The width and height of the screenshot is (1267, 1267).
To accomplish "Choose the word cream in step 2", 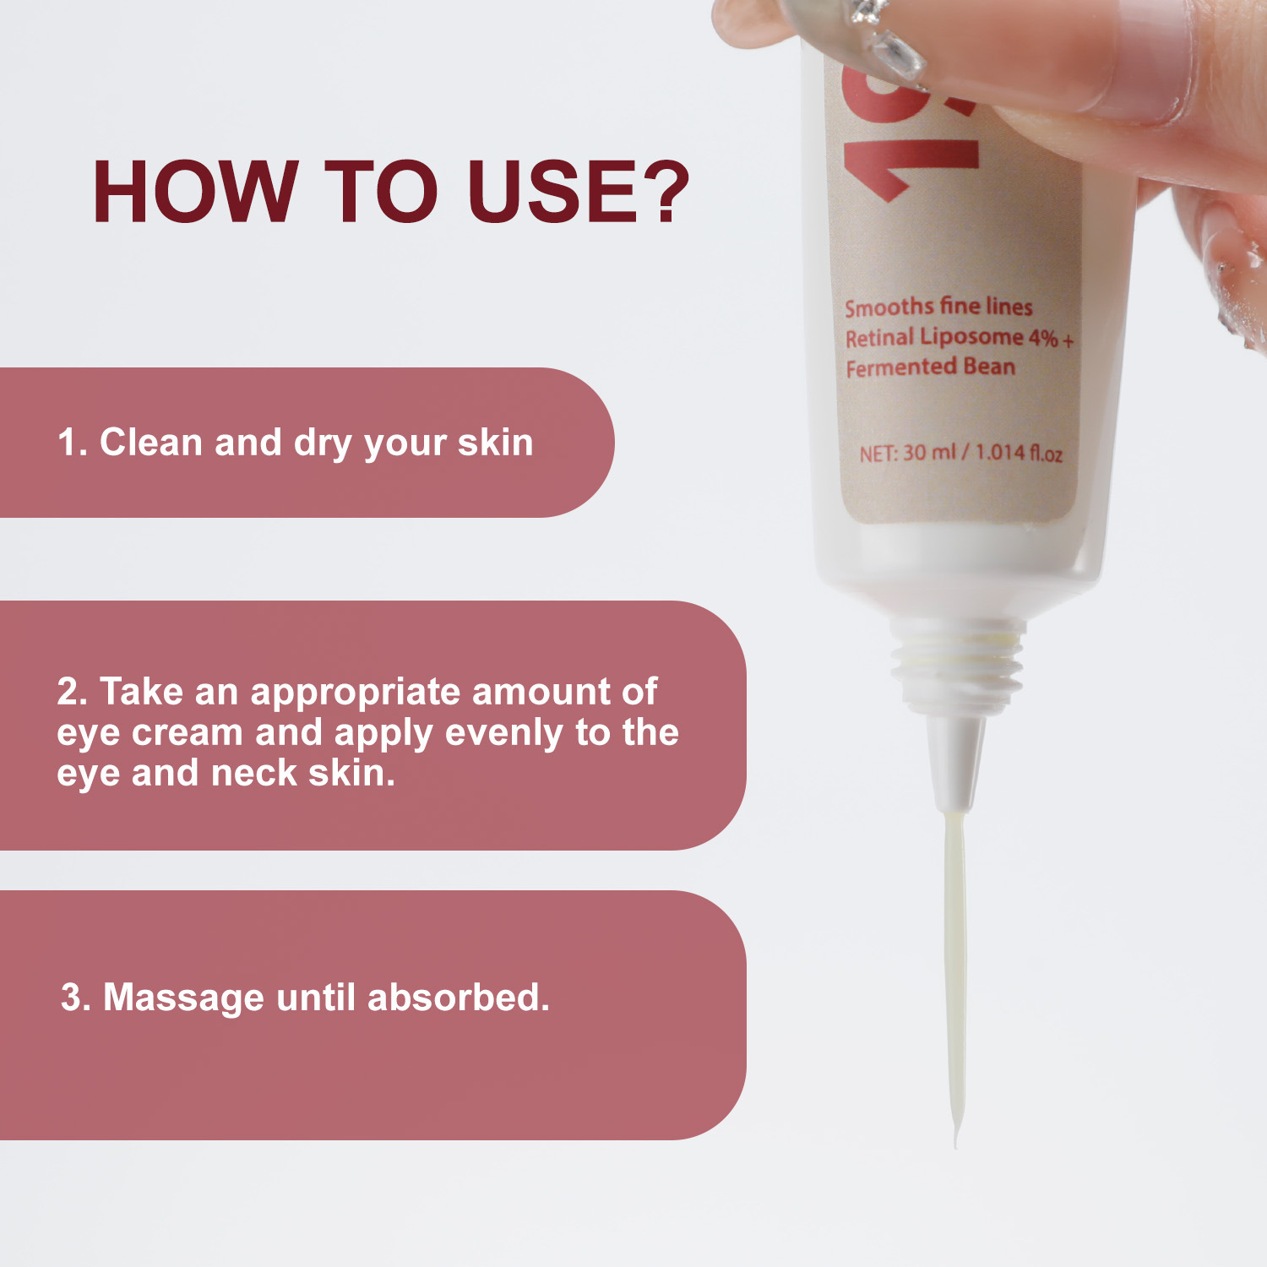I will point(187,732).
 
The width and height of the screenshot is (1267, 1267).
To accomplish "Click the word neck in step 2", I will point(253,773).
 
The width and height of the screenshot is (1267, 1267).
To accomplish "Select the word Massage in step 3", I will point(183,998).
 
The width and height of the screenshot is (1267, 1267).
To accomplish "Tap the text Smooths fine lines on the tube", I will point(938,307).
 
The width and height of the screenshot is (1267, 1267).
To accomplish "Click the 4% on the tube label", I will point(1043,338).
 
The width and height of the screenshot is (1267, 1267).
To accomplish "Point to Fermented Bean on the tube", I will point(930,367).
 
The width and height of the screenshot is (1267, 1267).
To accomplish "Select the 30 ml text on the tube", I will point(929,453).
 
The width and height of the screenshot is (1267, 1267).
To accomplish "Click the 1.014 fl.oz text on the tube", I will point(1019,453).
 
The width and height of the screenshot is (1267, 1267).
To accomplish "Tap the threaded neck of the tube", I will point(958,667).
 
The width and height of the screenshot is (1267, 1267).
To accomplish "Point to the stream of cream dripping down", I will point(955,971).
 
